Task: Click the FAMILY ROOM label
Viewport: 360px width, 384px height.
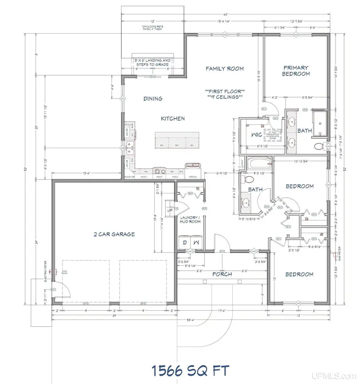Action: [224, 68]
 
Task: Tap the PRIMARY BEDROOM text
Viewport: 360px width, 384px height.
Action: [296, 71]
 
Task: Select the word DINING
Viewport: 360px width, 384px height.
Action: [153, 99]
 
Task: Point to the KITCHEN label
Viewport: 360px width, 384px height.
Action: [172, 119]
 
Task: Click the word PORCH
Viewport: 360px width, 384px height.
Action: [222, 275]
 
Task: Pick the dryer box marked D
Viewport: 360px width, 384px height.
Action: [185, 243]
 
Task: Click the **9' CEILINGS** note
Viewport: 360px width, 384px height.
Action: [224, 97]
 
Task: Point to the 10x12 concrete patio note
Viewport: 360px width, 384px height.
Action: [152, 28]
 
